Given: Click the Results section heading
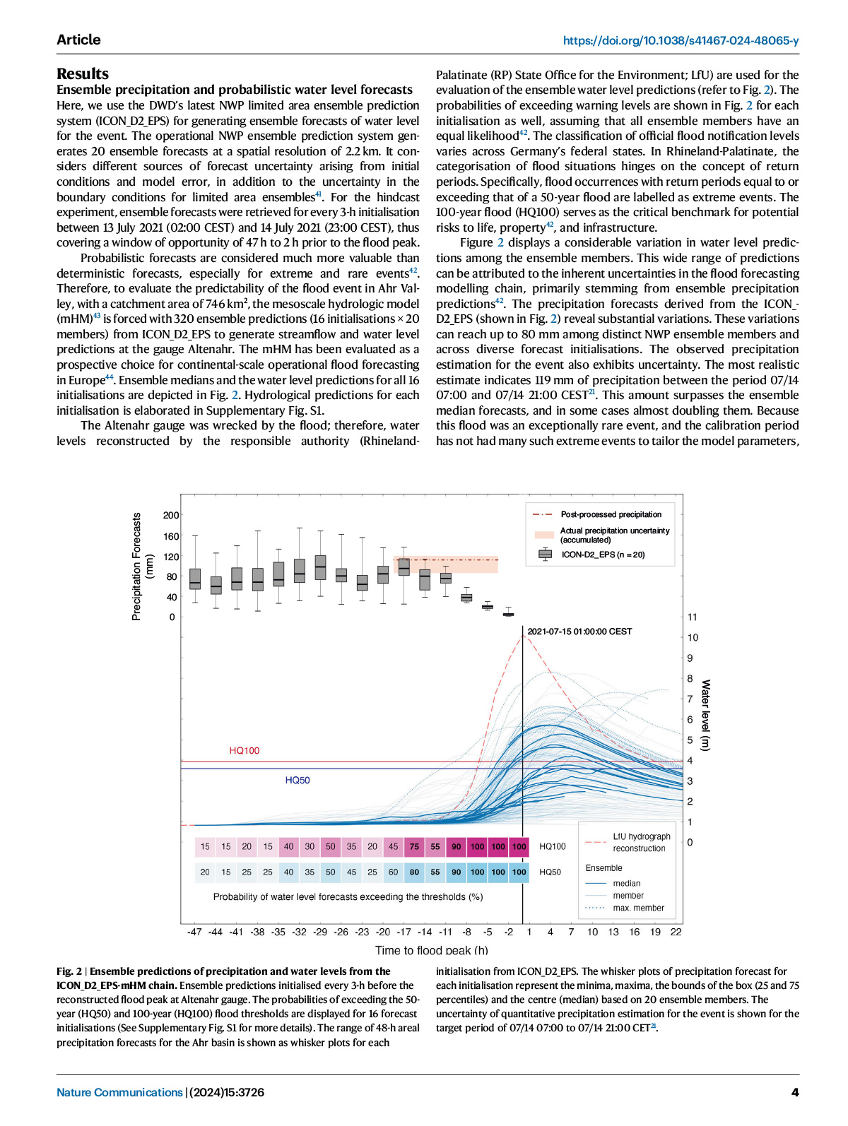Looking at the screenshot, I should click(x=83, y=73).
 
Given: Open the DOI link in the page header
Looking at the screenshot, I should click(x=681, y=40).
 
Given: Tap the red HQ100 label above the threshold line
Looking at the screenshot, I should click(x=244, y=750).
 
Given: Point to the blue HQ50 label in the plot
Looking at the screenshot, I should click(x=298, y=780).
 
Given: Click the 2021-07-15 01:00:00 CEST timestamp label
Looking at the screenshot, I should click(x=579, y=632).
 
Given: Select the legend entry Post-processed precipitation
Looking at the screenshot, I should click(x=611, y=514).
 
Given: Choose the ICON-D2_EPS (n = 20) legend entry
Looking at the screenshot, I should click(x=603, y=555).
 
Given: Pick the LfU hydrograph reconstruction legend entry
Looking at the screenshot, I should click(x=641, y=842).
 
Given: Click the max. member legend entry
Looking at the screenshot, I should click(x=638, y=908).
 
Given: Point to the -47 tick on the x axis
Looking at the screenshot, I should click(x=194, y=932).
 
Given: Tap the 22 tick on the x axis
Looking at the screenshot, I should click(x=676, y=932).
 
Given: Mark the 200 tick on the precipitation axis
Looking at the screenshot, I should click(x=171, y=515).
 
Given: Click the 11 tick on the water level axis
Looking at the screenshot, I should click(x=693, y=617).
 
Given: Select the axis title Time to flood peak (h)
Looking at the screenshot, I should click(x=431, y=950).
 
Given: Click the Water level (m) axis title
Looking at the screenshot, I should click(x=705, y=715).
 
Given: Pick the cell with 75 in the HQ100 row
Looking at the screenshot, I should click(x=414, y=846).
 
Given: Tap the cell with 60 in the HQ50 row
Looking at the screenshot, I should click(x=394, y=872).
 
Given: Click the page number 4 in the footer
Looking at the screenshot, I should click(x=795, y=1092).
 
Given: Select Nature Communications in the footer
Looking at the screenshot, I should click(x=119, y=1092).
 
